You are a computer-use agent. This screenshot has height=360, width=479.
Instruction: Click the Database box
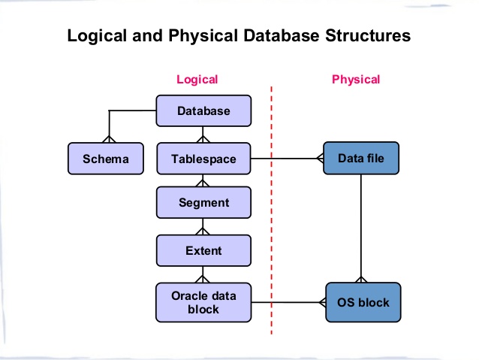click(x=203, y=111)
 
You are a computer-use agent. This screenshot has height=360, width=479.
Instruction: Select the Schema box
click(x=105, y=159)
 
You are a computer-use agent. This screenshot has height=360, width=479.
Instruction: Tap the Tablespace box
click(x=203, y=159)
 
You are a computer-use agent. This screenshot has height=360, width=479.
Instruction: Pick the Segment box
click(x=203, y=202)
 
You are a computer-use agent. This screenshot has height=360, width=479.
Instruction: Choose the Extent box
click(x=203, y=250)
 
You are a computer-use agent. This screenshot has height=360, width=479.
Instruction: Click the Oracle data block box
click(x=203, y=302)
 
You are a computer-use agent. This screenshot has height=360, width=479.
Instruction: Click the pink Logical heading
click(x=197, y=79)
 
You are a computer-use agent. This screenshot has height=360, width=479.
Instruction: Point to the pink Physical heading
click(x=356, y=79)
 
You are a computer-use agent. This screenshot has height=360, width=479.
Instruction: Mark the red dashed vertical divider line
click(x=271, y=225)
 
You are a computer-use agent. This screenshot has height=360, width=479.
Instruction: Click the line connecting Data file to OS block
click(x=362, y=225)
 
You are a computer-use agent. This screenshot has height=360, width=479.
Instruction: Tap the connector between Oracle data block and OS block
click(x=289, y=303)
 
